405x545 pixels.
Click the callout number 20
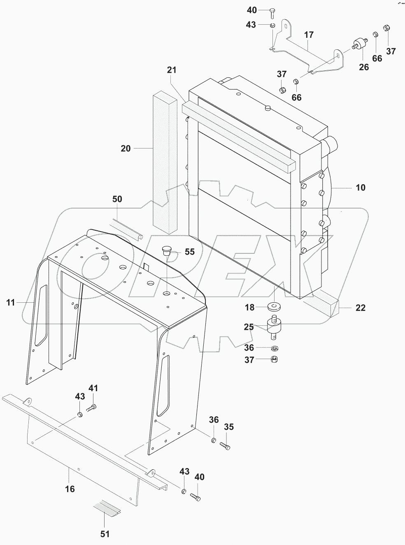click(126, 148)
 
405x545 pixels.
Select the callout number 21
click(172, 70)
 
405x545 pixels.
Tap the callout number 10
click(360, 188)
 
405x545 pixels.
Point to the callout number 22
click(360, 308)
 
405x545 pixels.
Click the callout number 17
click(309, 35)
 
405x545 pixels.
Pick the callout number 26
click(364, 66)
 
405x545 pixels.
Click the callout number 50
click(117, 199)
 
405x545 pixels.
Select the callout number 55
click(189, 252)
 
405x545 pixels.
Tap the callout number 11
click(11, 303)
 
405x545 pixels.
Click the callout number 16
click(70, 489)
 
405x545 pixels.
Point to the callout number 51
click(105, 534)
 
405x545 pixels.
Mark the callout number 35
click(228, 427)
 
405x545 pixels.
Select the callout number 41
click(94, 388)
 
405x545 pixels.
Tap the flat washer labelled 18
click(273, 307)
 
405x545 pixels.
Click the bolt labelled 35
click(225, 445)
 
